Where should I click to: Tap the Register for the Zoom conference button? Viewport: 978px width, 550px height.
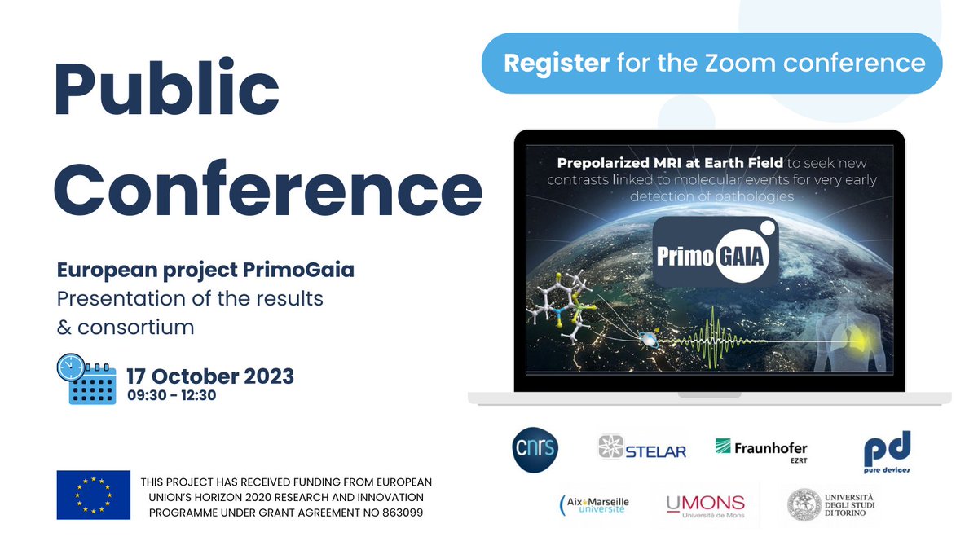[713, 63]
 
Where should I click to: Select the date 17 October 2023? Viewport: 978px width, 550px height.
[210, 376]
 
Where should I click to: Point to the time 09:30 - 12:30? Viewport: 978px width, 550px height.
[171, 395]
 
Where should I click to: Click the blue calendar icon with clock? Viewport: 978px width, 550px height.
[87, 379]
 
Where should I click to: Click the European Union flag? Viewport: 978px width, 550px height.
[93, 495]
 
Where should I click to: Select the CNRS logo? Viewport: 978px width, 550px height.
[535, 448]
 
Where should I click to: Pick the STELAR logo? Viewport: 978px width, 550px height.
[642, 449]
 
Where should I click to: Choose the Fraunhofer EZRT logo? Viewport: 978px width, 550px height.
[761, 449]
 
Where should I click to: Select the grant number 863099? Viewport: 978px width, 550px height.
[400, 512]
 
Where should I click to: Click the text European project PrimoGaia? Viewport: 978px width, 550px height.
[205, 270]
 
